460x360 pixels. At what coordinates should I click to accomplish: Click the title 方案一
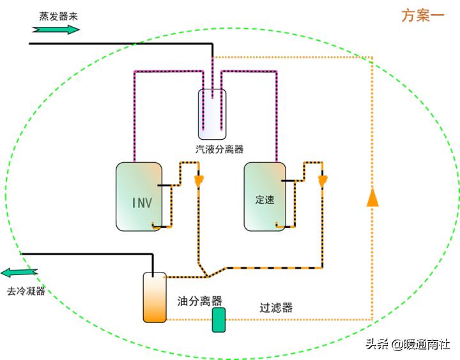(423, 16)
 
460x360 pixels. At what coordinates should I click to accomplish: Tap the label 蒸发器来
(59, 16)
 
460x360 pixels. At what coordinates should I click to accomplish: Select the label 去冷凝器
(26, 291)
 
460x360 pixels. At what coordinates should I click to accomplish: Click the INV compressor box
(139, 196)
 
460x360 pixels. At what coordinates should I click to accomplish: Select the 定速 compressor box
(264, 196)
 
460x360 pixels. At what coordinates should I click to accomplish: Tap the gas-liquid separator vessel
(211, 114)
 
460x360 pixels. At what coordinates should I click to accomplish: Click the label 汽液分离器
(219, 149)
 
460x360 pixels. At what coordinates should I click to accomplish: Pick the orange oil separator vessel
(155, 297)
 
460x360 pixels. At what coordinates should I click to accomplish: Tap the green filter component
(219, 320)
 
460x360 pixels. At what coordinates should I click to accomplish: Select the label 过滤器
(276, 307)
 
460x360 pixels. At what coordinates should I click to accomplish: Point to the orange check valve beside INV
(199, 181)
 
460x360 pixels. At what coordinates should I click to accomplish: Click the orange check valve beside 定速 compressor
(323, 181)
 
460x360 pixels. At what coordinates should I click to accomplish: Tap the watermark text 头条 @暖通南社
(408, 345)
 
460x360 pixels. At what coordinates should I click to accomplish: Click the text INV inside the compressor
(142, 203)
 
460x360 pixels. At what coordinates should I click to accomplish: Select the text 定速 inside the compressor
(264, 200)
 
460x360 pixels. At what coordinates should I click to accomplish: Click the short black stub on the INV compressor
(165, 186)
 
